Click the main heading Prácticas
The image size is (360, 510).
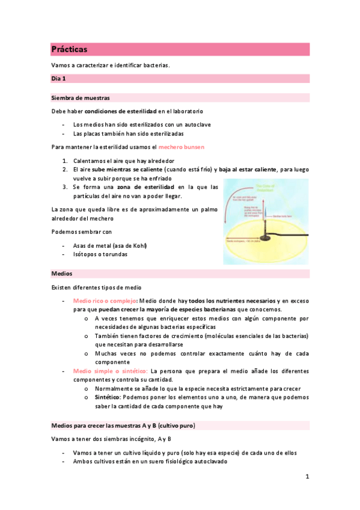tap(69, 49)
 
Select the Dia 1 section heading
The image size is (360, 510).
tap(59, 78)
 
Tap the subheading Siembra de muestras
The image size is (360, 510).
tap(81, 97)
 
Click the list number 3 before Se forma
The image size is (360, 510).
tap(65, 187)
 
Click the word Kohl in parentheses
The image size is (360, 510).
tap(138, 245)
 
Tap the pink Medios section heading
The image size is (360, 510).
tap(61, 274)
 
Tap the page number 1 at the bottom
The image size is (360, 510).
tap(307, 477)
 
